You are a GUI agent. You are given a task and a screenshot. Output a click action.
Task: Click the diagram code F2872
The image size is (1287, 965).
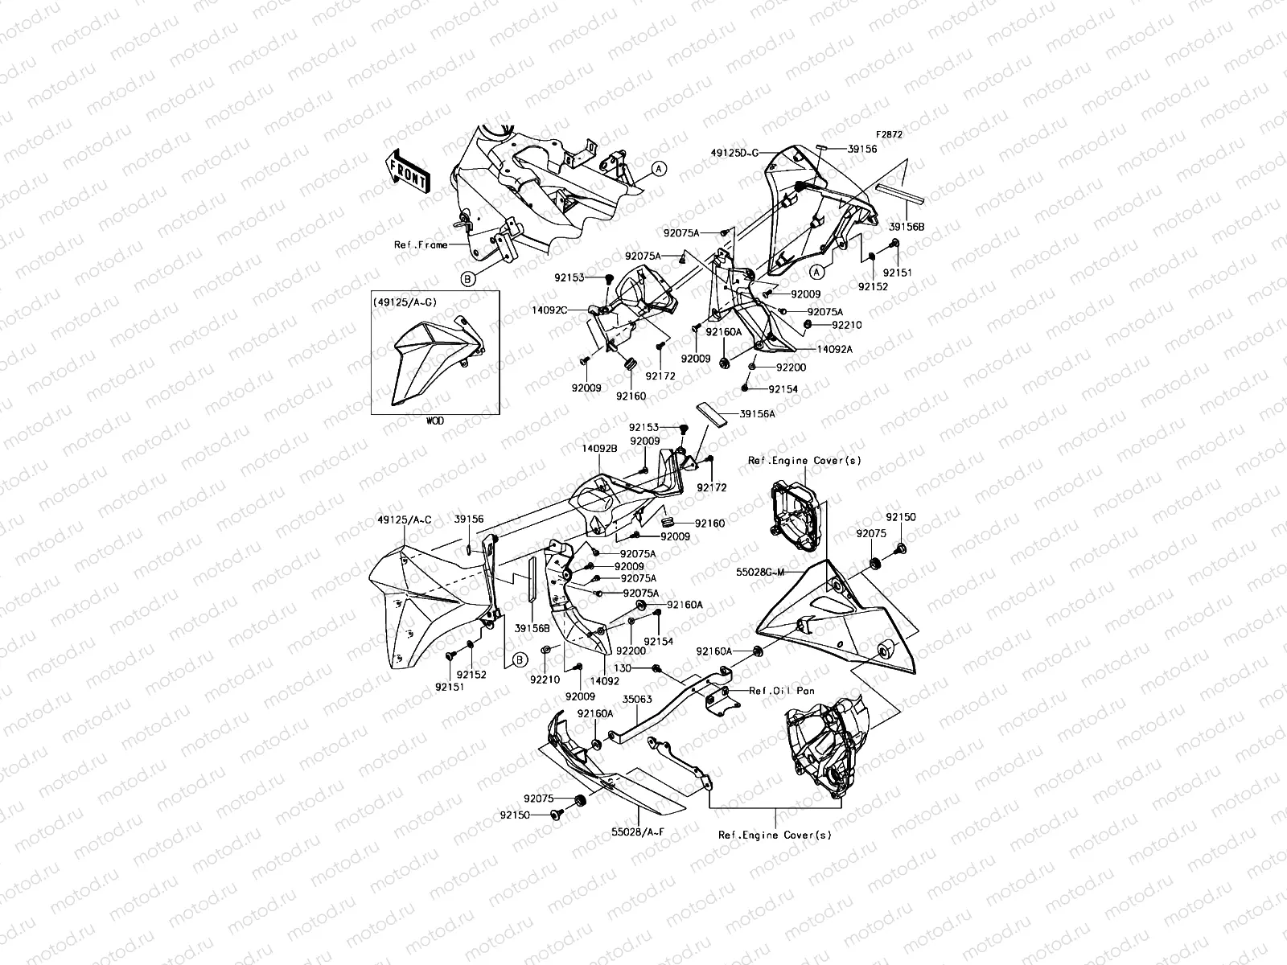pyautogui.click(x=890, y=135)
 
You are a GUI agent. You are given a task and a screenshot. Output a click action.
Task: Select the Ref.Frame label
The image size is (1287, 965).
pyautogui.click(x=420, y=244)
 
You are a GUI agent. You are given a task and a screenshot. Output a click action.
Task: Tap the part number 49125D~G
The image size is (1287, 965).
pyautogui.click(x=734, y=151)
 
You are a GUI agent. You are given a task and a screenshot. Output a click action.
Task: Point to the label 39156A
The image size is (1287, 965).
pyautogui.click(x=757, y=413)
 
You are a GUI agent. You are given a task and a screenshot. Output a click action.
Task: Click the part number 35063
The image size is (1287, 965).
pyautogui.click(x=637, y=700)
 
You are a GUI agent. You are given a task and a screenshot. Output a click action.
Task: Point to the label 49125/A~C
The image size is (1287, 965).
pyautogui.click(x=403, y=519)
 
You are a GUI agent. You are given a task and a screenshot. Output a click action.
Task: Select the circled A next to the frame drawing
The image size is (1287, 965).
pyautogui.click(x=658, y=169)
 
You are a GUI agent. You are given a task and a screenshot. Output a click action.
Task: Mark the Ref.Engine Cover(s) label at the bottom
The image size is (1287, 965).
pyautogui.click(x=775, y=835)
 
